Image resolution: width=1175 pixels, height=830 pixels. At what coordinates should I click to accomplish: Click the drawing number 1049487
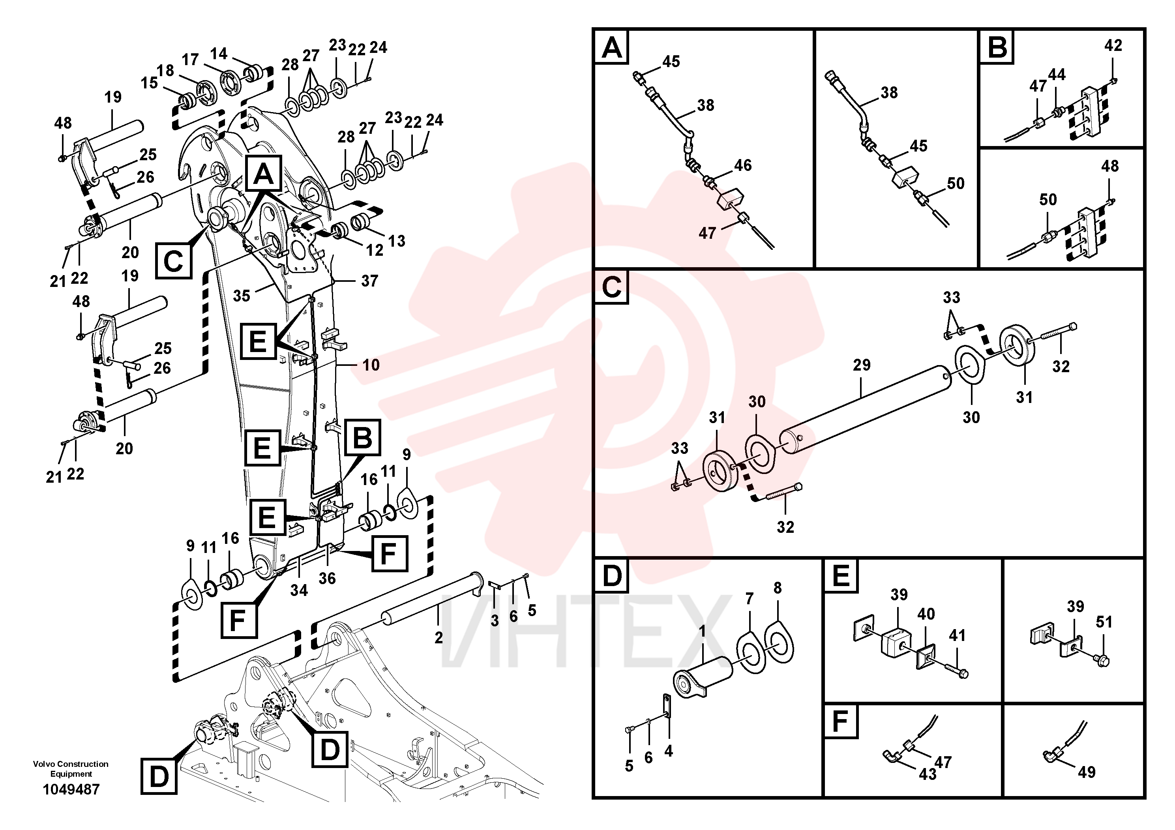coord(71,790)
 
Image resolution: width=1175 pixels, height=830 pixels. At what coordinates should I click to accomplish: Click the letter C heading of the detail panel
coord(611,288)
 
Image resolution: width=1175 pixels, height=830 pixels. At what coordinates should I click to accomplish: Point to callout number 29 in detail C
coord(861,365)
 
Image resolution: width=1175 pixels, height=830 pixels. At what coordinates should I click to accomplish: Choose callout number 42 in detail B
coord(1113,45)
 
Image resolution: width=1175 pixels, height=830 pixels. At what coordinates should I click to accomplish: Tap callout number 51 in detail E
coord(1104,622)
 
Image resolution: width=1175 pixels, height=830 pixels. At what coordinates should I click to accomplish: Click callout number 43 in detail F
coord(928,774)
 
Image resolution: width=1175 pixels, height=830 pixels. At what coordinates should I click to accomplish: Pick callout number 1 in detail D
coord(703,631)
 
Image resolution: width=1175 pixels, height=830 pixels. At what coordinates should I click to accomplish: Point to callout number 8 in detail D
coord(778,588)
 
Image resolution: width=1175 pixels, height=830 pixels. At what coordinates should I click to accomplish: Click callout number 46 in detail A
coord(743,165)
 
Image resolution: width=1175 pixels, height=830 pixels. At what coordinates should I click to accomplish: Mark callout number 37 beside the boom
coord(369,281)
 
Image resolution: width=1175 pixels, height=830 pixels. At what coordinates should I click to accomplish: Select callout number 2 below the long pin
coord(439,638)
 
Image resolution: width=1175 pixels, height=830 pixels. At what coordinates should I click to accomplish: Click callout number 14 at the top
coord(219,54)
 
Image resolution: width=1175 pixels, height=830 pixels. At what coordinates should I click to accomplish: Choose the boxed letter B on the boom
coord(363,438)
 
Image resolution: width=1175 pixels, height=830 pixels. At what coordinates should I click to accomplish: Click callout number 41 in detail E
coord(957,635)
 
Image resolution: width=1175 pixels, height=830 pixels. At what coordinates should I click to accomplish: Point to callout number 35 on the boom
coord(242,296)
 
